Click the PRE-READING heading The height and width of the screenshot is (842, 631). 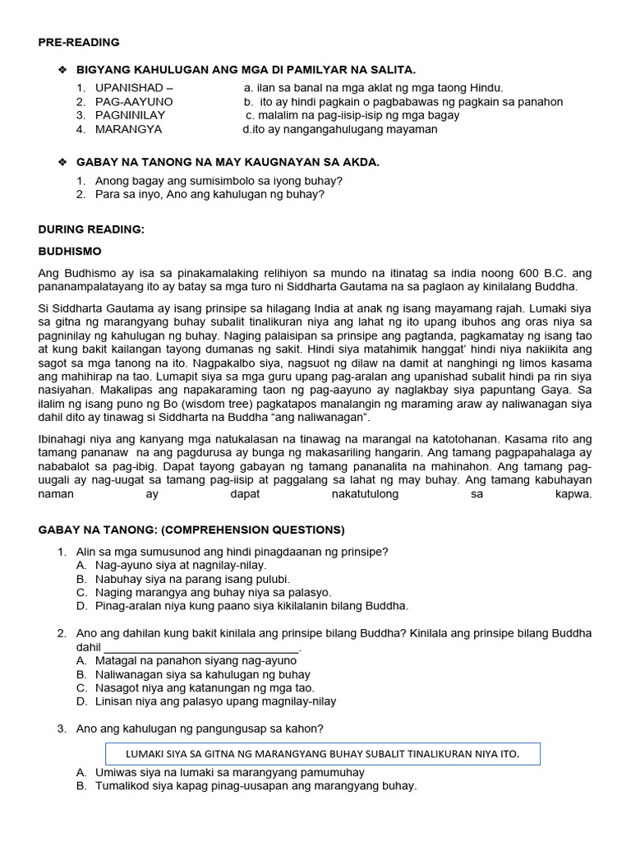[x=79, y=42]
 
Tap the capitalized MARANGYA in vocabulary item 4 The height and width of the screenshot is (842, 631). [x=128, y=129]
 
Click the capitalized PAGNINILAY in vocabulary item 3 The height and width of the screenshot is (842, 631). [x=130, y=115]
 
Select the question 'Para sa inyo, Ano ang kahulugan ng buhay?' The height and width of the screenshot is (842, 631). [x=210, y=195]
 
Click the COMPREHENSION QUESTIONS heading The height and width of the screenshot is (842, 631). [x=191, y=530]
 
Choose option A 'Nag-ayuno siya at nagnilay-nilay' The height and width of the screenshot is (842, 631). [x=181, y=565]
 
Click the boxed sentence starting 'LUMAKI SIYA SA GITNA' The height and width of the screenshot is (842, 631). [x=323, y=754]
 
